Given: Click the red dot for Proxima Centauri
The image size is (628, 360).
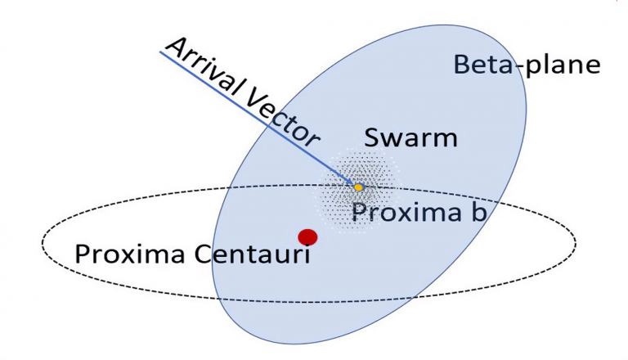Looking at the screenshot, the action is (x=307, y=237).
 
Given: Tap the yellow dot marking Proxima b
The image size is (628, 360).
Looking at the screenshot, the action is (x=358, y=187).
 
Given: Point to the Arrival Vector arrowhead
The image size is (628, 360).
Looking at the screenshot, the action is (x=349, y=181).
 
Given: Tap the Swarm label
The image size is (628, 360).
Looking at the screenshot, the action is (x=410, y=138).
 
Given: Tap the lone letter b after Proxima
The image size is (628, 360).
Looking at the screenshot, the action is (x=479, y=210).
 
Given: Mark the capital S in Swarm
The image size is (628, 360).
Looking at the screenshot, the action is (x=371, y=138).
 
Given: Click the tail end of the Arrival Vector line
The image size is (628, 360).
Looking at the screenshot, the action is (x=160, y=52).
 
